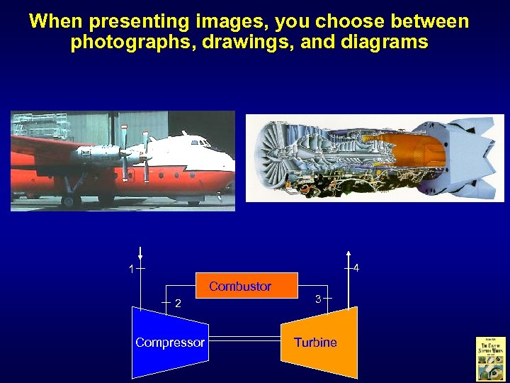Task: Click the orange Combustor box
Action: point(246,284)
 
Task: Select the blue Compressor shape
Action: point(169,343)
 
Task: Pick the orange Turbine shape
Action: point(319,343)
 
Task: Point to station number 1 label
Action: point(131,269)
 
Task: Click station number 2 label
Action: point(178,304)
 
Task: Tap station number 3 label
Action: point(319,299)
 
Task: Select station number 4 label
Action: point(356,269)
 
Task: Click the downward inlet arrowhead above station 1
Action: point(141,257)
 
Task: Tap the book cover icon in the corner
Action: point(490,358)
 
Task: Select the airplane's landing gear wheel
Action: point(69,201)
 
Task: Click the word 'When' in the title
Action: point(56,21)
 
